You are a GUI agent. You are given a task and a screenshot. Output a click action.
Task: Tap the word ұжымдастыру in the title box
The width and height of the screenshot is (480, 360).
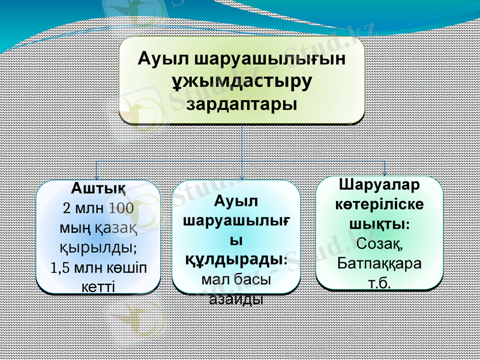click(x=241, y=82)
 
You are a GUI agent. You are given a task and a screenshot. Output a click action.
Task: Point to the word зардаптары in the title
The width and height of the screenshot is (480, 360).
click(x=242, y=103)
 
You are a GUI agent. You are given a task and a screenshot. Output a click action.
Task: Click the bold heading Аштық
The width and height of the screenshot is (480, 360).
click(x=98, y=188)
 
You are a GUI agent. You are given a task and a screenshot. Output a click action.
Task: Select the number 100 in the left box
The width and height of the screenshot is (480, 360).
click(x=122, y=208)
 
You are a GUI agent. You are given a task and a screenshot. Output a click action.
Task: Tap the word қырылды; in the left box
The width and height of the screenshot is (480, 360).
click(x=98, y=247)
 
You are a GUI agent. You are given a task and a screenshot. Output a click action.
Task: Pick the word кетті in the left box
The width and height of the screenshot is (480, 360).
click(x=98, y=286)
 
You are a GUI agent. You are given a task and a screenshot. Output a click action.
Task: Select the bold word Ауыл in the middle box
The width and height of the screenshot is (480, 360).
click(x=236, y=200)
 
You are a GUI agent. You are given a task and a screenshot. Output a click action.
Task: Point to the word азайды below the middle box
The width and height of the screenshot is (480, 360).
click(x=236, y=298)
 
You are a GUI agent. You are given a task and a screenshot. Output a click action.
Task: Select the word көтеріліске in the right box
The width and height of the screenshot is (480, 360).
click(x=379, y=204)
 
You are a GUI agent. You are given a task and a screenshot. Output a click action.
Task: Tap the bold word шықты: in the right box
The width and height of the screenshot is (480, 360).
click(x=379, y=224)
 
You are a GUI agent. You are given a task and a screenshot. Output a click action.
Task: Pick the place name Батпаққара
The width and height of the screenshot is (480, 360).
click(x=379, y=263)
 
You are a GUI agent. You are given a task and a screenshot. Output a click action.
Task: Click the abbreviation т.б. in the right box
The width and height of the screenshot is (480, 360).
click(x=379, y=283)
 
